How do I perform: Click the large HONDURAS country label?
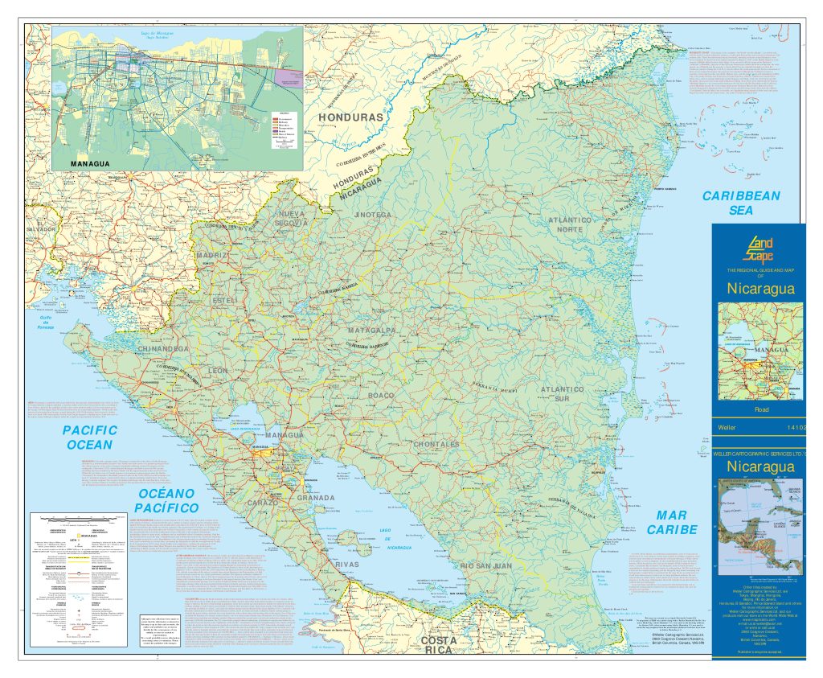pos(353,118)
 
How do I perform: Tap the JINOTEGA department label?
pos(371,216)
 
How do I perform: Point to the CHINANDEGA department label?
pos(163,349)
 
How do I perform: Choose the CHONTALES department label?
pos(436,444)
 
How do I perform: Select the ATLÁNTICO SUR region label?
pos(567,394)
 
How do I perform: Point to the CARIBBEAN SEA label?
pos(740,203)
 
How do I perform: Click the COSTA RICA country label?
pos(438,646)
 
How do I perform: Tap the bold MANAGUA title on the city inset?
pos(90,163)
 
